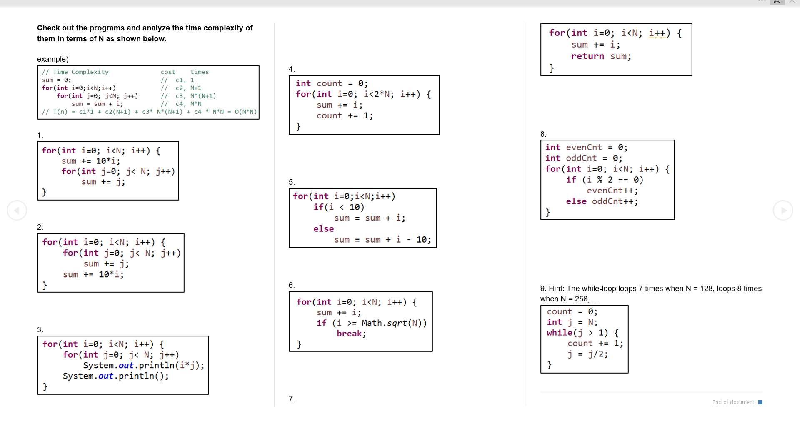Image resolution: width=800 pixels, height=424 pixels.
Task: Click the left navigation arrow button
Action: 17,211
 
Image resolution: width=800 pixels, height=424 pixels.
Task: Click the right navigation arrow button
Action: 783,211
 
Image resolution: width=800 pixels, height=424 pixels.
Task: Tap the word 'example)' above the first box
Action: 53,59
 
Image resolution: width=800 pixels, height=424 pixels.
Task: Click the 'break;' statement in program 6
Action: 351,334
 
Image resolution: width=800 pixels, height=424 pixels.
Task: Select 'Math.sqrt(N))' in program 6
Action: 394,323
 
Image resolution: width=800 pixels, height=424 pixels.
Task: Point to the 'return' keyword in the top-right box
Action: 587,56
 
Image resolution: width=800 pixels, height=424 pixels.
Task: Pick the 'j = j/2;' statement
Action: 587,354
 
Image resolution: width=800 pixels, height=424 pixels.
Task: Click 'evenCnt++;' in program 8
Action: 612,191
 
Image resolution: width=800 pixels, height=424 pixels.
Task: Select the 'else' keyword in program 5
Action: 324,229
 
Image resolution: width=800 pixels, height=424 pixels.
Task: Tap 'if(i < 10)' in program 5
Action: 339,207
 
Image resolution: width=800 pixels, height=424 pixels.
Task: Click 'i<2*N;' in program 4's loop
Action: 379,94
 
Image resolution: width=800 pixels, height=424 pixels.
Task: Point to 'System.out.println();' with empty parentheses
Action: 116,376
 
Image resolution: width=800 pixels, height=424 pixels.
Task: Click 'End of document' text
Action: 733,402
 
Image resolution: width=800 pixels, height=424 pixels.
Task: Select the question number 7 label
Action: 292,399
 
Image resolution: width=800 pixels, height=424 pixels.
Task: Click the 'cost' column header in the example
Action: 168,72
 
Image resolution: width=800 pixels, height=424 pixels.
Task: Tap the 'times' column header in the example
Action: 200,72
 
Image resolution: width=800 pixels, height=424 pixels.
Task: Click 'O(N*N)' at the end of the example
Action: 245,112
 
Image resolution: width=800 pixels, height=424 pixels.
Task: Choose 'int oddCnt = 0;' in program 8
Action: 583,158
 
